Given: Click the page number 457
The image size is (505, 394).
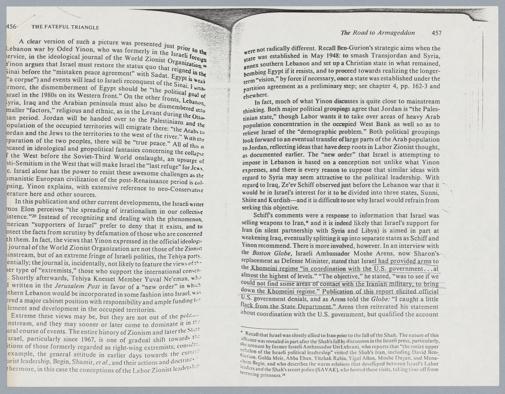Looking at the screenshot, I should click(437, 33).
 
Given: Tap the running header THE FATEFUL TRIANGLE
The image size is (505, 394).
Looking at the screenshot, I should click(65, 27).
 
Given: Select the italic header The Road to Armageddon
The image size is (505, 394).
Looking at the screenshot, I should click(378, 33).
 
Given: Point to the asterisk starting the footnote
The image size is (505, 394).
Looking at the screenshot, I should click(242, 334).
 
